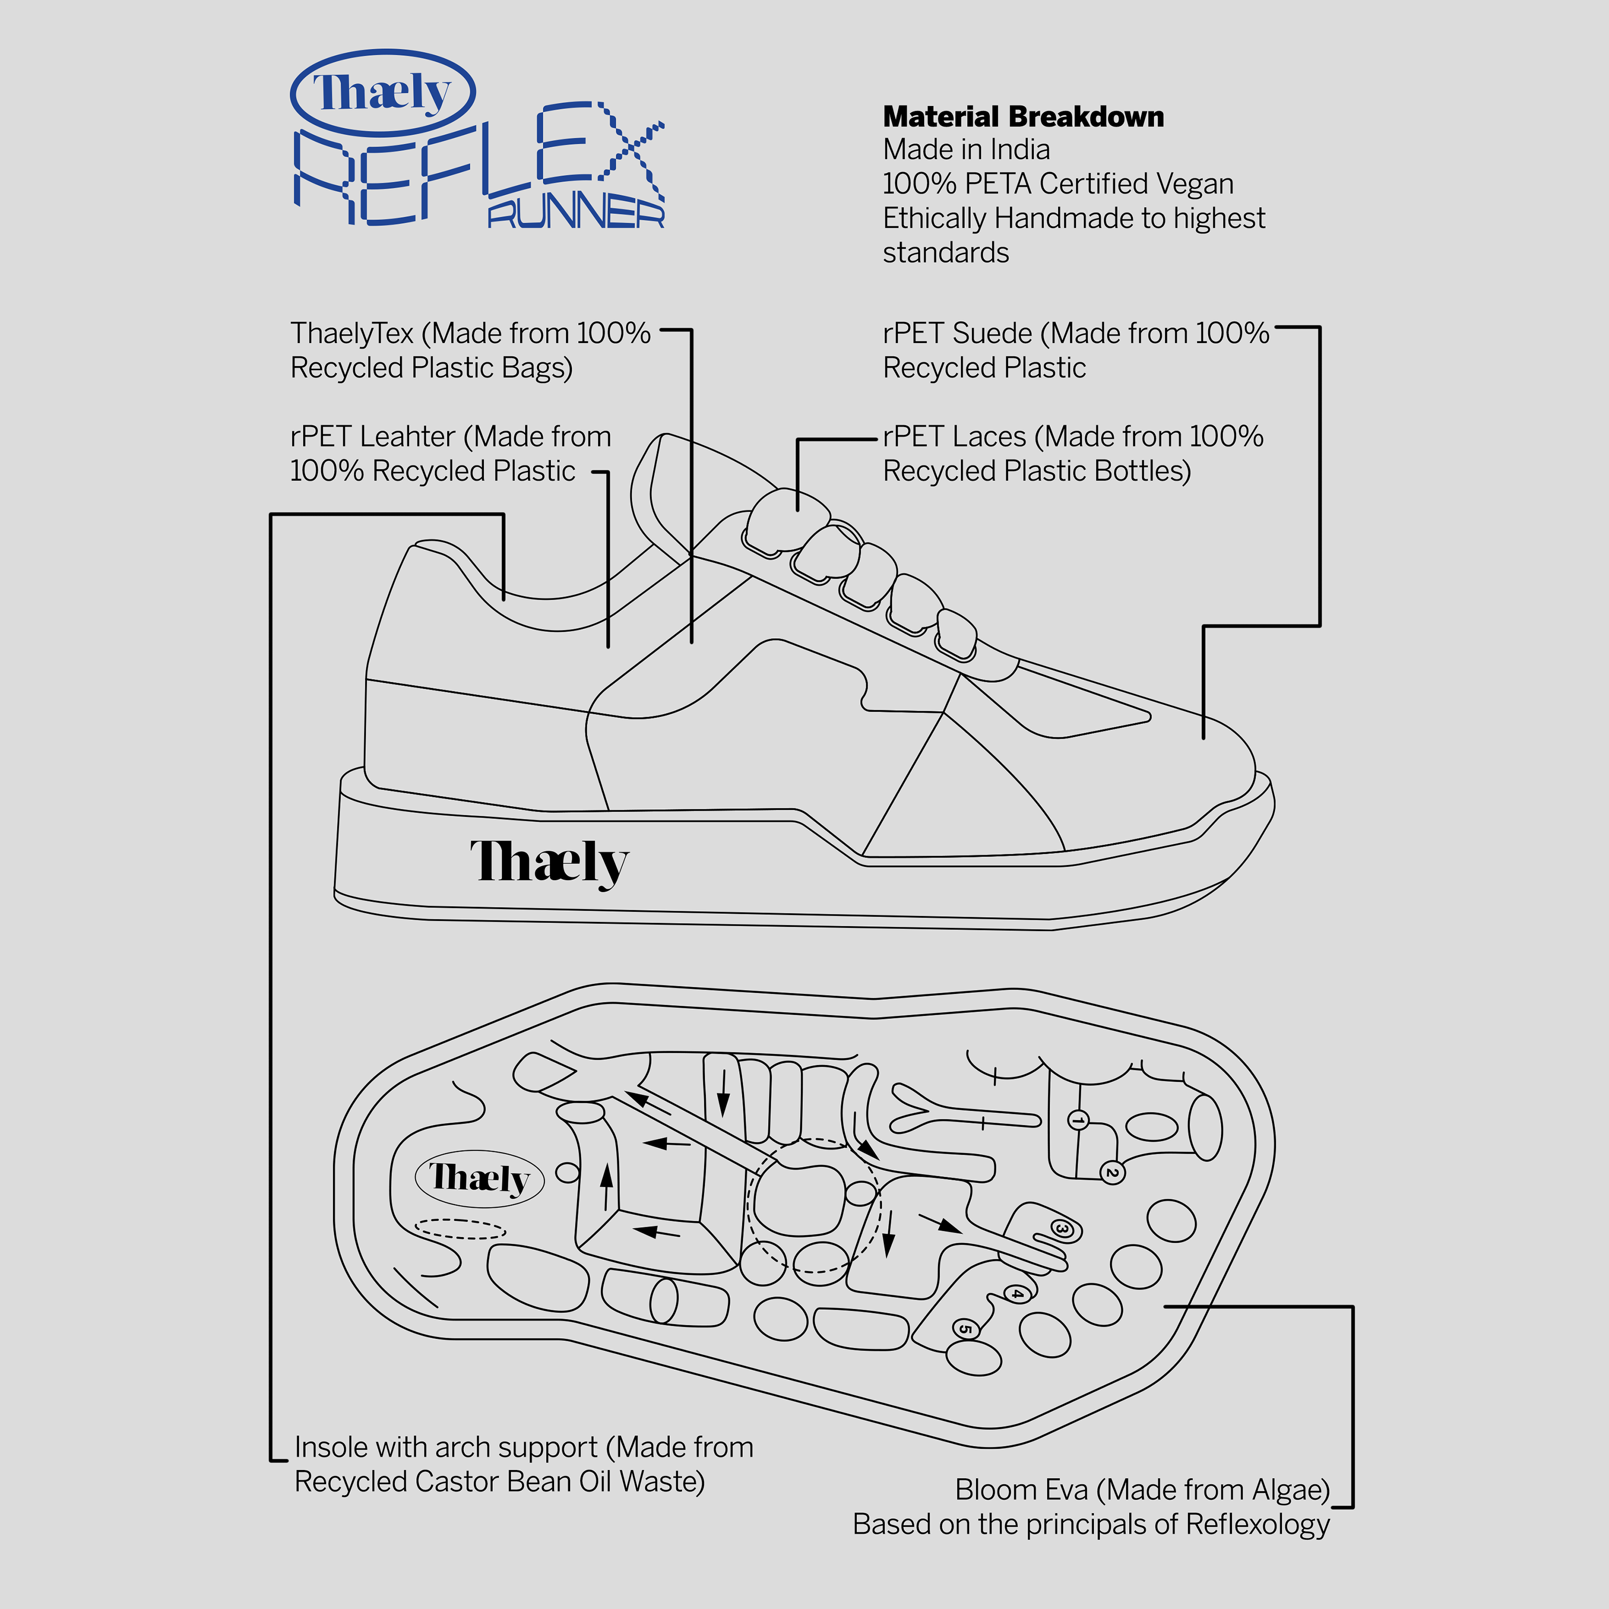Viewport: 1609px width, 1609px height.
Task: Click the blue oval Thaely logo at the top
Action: pos(382,92)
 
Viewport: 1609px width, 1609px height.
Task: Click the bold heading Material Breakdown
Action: pos(1023,116)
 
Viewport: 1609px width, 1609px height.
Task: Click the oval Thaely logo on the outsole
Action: pos(479,1178)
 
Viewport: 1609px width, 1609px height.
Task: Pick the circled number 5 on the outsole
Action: pos(964,1329)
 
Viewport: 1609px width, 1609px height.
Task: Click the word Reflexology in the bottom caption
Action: pos(1258,1525)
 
